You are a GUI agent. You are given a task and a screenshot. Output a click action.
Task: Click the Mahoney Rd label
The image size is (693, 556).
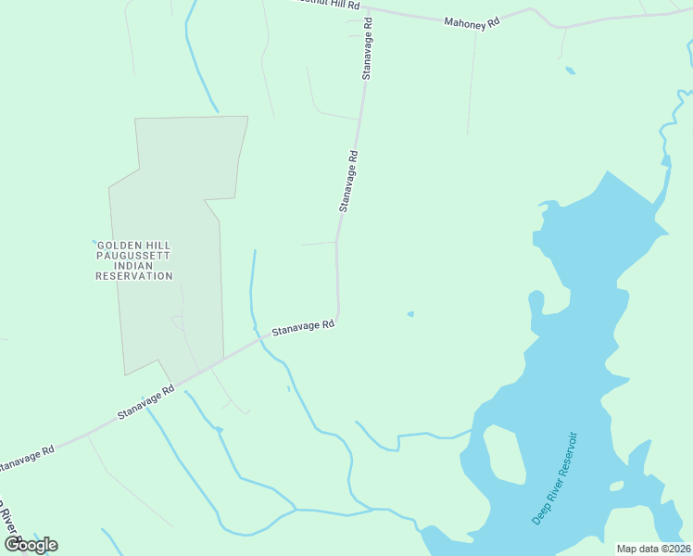(x=472, y=21)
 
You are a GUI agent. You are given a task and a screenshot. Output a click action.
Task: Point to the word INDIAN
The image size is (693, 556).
(x=133, y=266)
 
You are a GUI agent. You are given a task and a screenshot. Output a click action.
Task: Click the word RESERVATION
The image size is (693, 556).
(x=133, y=276)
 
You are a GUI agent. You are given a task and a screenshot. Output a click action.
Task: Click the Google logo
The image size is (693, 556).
(x=31, y=545)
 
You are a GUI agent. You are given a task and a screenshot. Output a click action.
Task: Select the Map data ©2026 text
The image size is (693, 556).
(x=653, y=549)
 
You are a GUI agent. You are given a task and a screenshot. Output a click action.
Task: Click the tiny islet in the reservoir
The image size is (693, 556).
(x=616, y=486)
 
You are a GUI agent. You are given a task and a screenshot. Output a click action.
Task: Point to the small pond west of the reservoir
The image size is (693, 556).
(x=409, y=314)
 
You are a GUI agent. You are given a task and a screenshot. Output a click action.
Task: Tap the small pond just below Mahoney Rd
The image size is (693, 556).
(x=570, y=70)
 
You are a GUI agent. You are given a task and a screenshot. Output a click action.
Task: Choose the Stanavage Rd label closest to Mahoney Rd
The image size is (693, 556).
(x=368, y=48)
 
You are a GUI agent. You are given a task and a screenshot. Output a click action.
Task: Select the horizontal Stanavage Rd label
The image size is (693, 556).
(x=303, y=328)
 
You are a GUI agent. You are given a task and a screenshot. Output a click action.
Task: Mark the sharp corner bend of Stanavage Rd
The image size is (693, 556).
(x=338, y=316)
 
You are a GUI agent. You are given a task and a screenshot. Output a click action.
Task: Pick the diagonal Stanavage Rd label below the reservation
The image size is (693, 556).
(x=146, y=404)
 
